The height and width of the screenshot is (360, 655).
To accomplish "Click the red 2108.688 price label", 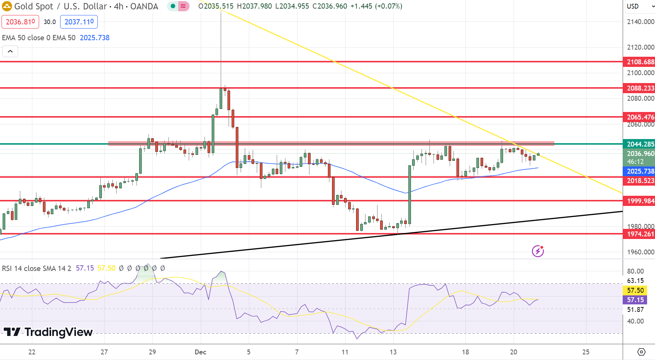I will (639, 62).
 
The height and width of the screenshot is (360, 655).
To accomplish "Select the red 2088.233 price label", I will (639, 88).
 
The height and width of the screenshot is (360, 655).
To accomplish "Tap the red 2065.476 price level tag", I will (639, 117).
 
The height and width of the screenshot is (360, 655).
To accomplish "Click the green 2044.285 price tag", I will (639, 144).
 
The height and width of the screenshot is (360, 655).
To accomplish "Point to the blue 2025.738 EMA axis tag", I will (639, 171).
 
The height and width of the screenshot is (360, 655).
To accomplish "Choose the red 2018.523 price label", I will (639, 181).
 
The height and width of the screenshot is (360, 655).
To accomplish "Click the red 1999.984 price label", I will (639, 201).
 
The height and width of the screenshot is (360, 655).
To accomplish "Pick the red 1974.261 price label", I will (639, 234).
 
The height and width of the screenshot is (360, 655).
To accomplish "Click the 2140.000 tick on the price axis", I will (640, 22).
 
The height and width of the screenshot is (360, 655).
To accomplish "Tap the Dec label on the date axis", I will (200, 352).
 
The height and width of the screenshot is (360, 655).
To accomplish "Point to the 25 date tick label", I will (585, 352).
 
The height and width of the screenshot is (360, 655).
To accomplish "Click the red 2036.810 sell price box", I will (20, 22).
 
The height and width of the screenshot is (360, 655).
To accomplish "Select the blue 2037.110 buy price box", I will (79, 22).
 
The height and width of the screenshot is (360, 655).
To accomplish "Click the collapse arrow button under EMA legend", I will (10, 51).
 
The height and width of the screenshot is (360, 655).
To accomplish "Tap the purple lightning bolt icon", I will (538, 251).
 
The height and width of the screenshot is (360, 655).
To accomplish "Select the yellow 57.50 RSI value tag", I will (635, 290).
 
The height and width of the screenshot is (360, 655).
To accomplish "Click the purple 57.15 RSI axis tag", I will (635, 300).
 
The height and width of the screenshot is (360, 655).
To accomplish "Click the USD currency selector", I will (639, 6).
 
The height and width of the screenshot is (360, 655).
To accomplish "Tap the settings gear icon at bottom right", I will (641, 352).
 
